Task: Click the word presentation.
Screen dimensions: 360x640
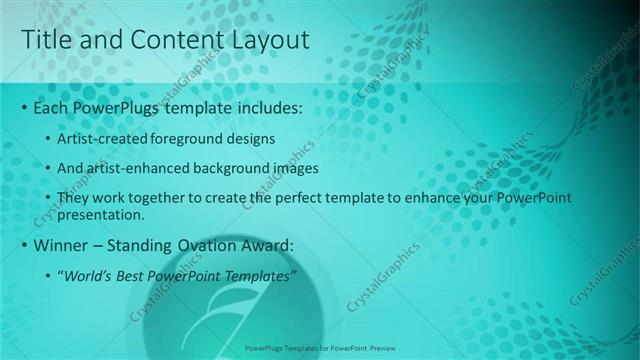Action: [102, 214]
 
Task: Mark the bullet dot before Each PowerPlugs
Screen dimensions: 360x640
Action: [24, 107]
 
